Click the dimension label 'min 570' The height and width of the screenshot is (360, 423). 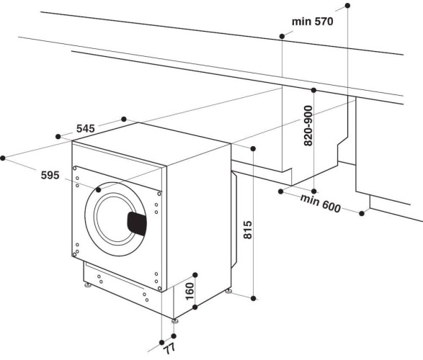click(313, 22)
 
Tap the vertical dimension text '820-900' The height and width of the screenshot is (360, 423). click(308, 127)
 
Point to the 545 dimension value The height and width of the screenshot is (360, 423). click(85, 129)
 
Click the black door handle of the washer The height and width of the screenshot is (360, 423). click(137, 222)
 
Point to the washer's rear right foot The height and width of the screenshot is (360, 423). click(228, 292)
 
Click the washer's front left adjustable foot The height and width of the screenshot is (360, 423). click(87, 285)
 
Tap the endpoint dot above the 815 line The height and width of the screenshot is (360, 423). click(254, 148)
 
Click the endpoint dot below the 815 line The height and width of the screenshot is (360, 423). click(254, 297)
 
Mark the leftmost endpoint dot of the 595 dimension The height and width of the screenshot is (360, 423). click(4, 156)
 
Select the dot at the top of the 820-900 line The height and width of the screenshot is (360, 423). click(313, 91)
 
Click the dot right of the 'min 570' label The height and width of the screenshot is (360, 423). click(348, 6)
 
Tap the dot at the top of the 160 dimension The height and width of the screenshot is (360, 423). click(195, 275)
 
